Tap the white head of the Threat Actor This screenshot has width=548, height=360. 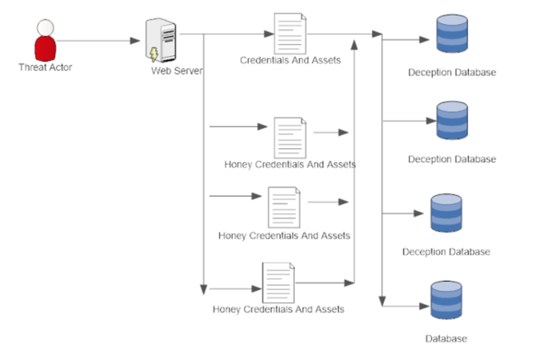(45, 27)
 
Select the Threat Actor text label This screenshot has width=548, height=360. (45, 67)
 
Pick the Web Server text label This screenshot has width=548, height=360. (177, 71)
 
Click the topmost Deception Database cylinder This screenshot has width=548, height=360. (452, 34)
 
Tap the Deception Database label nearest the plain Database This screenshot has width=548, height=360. (446, 251)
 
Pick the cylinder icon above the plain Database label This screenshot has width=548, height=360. (446, 301)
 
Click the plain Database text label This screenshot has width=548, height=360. (446, 338)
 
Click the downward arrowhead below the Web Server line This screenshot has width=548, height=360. (202, 287)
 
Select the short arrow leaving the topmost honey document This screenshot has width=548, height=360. (331, 132)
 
